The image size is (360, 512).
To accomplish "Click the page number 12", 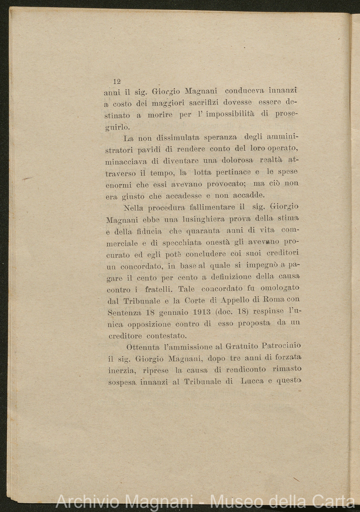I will pos(117,82).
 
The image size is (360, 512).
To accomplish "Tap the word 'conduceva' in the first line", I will pos(244,91).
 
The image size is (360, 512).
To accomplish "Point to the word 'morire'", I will pos(160,115).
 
